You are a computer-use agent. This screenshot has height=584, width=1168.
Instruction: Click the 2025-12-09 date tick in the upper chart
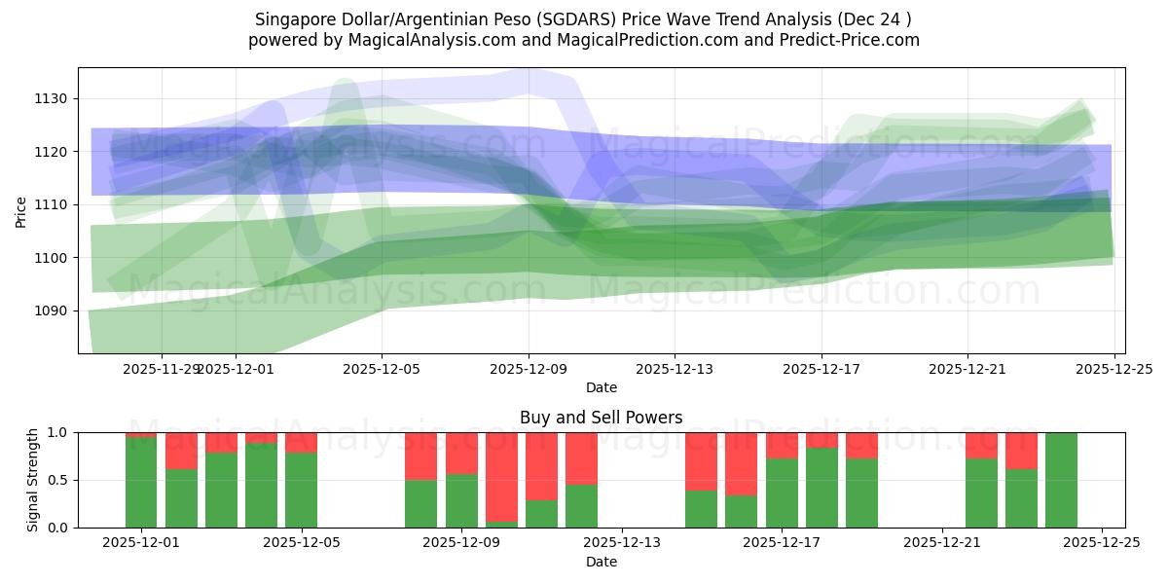tap(529, 369)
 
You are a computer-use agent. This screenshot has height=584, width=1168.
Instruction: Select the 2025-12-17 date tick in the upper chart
tap(821, 369)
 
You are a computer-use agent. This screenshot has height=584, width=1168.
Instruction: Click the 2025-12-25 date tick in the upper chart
tap(1113, 369)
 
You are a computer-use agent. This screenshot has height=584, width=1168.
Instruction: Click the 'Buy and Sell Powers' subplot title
tap(601, 418)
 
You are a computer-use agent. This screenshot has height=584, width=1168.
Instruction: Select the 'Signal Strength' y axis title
tap(33, 480)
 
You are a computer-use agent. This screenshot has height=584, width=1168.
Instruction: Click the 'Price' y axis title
tap(21, 211)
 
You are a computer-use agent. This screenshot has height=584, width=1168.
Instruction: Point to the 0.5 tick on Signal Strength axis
tap(56, 480)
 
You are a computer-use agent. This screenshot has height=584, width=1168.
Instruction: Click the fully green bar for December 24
tap(1061, 480)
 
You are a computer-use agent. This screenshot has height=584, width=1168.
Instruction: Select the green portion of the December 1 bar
tap(141, 482)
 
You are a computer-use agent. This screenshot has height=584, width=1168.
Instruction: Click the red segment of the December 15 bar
tap(741, 463)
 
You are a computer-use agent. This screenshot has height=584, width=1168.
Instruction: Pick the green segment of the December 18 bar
tap(821, 488)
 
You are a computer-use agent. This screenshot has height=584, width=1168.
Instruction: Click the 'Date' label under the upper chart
tap(601, 387)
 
